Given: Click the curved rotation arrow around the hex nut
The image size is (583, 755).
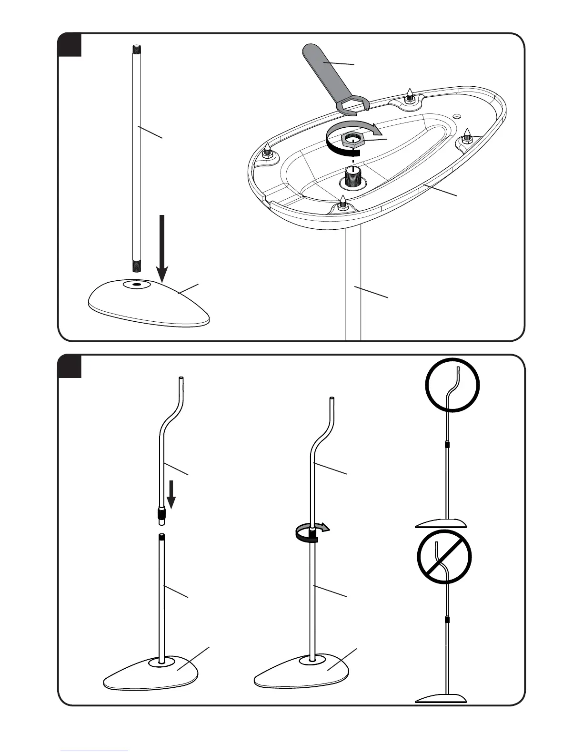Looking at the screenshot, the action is tap(376, 128).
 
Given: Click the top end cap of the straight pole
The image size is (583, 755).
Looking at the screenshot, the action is tap(136, 48).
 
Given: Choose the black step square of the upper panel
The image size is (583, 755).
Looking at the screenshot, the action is tap(70, 45).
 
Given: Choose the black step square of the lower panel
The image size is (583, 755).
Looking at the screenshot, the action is tap(70, 366).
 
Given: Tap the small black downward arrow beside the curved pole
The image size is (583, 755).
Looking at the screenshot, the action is tap(171, 496).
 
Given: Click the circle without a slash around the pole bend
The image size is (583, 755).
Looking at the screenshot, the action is tap(452, 385).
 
